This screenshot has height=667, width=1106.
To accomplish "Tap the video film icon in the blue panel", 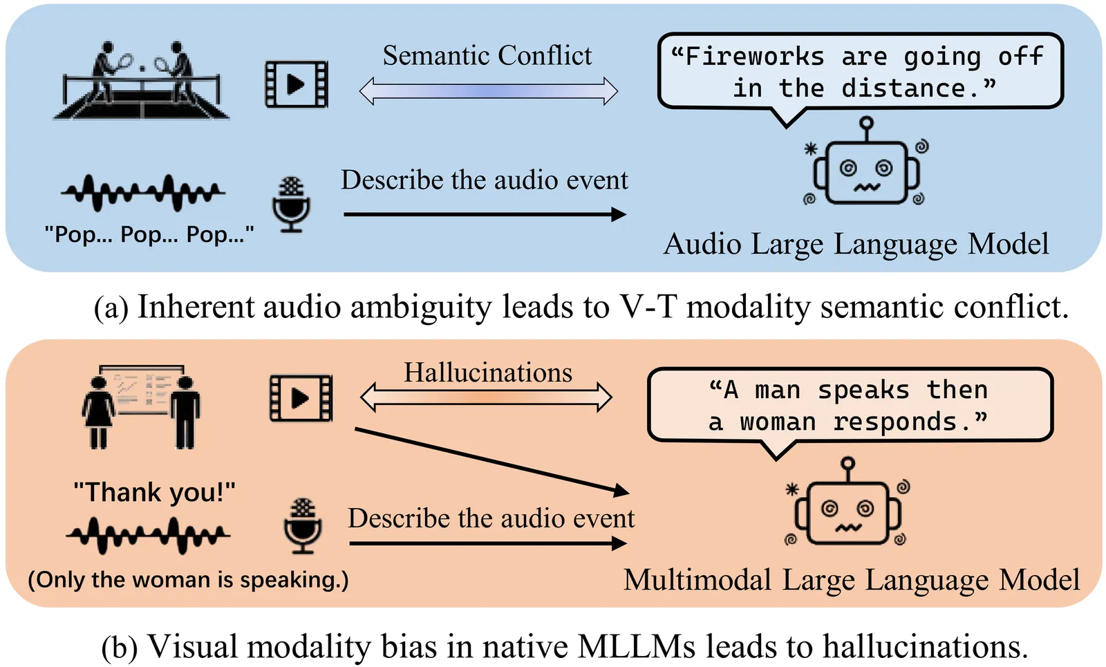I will pos(297,84).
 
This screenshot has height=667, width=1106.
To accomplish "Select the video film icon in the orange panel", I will pos(301,398).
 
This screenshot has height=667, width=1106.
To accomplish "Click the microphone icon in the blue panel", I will pos(291,205).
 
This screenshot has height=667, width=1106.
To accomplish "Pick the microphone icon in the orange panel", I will pos(303,526).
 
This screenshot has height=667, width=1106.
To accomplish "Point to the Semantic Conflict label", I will pos(487,55).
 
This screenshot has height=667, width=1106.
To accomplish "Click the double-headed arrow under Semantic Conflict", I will pos(488,91).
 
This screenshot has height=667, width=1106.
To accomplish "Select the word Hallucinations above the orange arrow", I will pos(488,373).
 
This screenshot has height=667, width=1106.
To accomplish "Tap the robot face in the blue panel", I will pos(866,171).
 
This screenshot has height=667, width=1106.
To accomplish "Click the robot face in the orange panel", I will pos(847,511).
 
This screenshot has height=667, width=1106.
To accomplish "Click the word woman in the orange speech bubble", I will pos(778,422).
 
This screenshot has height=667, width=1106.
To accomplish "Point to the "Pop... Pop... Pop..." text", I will pos(149,235).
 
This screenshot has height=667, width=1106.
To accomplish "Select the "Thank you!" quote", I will pos(154,492).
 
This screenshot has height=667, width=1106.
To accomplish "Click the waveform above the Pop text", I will pos(143,192).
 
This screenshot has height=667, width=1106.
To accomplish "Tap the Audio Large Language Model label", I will pos(856,244).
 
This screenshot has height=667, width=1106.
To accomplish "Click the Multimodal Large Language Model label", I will pos(852,580).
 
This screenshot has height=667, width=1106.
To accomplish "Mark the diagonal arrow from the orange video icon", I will pos(491,460).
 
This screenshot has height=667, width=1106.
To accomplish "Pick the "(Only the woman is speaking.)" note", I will pos(188,579).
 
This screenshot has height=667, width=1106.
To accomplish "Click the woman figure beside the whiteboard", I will pos(98,412).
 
